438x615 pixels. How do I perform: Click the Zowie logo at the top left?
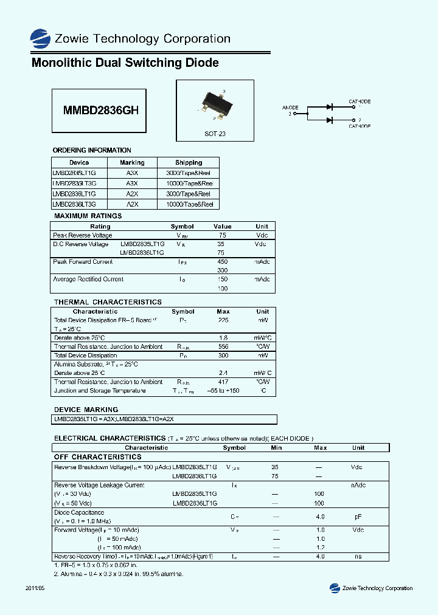(x=41, y=38)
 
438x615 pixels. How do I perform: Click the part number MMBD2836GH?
(x=101, y=111)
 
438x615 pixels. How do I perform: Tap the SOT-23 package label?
(x=215, y=134)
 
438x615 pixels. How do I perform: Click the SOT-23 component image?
(x=214, y=104)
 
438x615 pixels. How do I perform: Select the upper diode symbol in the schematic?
(x=329, y=107)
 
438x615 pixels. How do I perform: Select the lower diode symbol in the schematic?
(x=329, y=120)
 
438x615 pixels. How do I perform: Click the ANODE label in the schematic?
(x=290, y=108)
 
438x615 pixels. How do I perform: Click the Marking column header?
(x=132, y=163)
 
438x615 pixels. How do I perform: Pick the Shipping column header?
(x=189, y=163)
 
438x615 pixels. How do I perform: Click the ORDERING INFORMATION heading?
(x=92, y=150)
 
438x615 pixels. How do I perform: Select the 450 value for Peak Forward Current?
(x=222, y=262)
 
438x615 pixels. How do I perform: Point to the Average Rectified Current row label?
(x=88, y=280)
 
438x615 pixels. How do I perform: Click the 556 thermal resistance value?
(x=223, y=347)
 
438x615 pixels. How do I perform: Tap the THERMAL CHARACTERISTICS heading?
(x=108, y=302)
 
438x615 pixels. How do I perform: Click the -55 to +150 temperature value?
(x=223, y=391)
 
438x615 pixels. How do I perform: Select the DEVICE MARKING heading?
(x=86, y=410)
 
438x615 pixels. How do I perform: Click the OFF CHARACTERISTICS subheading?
(x=97, y=457)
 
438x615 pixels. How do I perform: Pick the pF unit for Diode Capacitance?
(x=358, y=517)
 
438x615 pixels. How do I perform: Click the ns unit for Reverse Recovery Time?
(x=358, y=557)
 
